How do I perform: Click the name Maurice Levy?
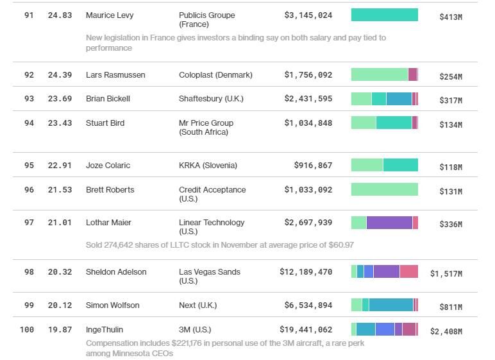(110, 15)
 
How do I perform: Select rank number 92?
(29, 75)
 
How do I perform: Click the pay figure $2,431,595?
(308, 99)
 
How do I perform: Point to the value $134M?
(450, 125)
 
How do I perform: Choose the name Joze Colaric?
(108, 166)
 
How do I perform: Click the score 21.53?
(60, 190)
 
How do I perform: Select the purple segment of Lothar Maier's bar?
(389, 223)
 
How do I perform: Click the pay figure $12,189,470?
(306, 272)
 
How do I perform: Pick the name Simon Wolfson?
(112, 305)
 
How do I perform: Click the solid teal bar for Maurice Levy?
(384, 15)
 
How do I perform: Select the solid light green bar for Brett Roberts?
(384, 190)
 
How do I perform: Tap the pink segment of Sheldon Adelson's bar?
(408, 272)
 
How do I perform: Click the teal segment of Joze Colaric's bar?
(400, 166)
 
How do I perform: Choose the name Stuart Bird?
(105, 123)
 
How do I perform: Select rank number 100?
(26, 330)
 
